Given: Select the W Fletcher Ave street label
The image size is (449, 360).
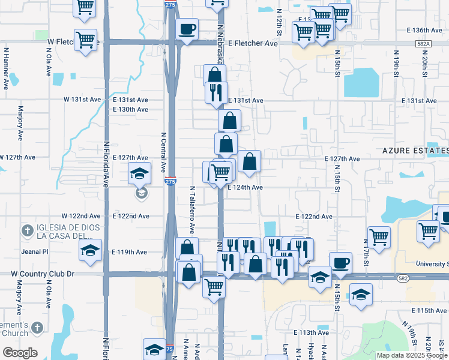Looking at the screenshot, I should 71,41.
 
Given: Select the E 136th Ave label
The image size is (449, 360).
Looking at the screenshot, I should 424,30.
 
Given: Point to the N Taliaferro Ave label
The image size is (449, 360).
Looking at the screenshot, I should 193,209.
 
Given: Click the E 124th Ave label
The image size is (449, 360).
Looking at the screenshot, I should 245,187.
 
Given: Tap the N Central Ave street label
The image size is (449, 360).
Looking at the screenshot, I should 163,151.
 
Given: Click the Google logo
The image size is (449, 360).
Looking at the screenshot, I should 19,353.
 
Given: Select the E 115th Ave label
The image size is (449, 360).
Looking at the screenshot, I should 430,310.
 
